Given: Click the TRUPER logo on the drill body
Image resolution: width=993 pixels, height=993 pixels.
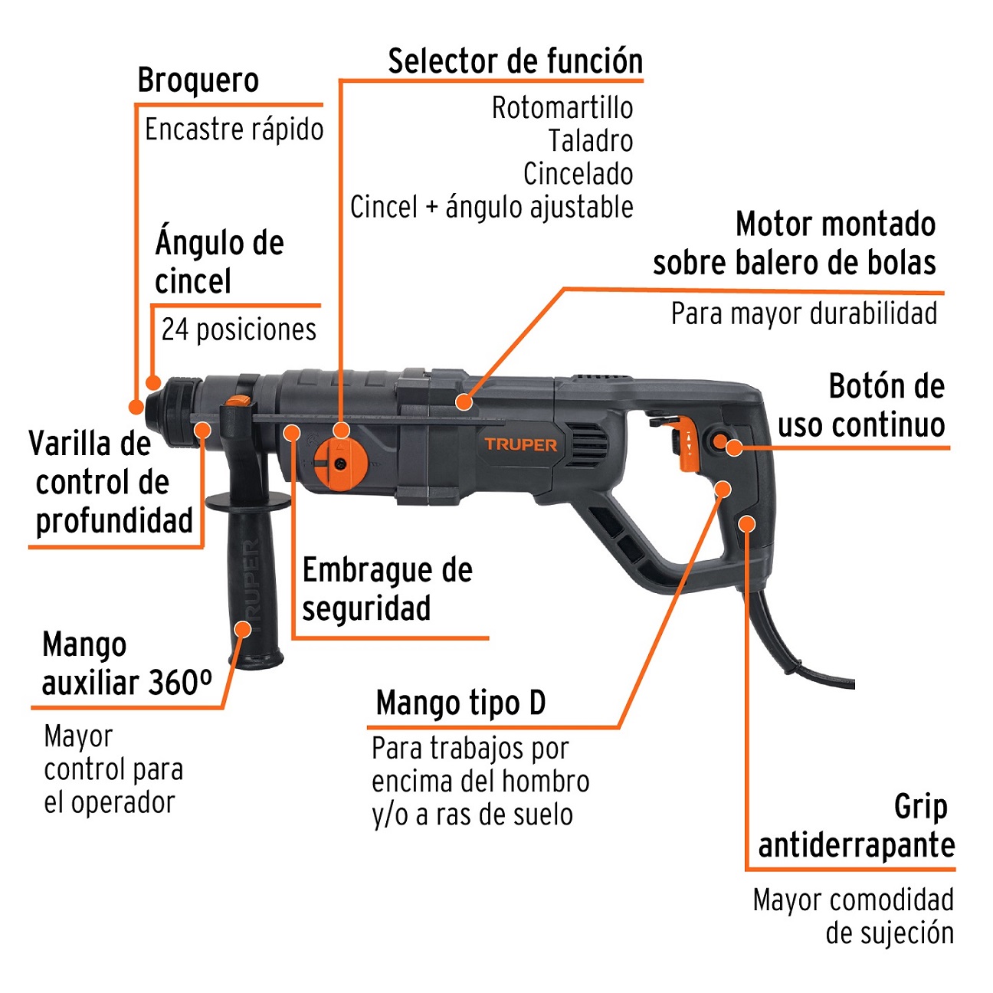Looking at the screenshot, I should tap(520, 444).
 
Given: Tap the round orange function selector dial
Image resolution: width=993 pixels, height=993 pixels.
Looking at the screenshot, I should tap(339, 463).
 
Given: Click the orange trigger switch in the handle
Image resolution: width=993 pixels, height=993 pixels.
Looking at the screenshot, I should tap(683, 444).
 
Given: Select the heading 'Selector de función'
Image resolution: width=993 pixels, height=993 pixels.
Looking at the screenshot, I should tap(515, 61).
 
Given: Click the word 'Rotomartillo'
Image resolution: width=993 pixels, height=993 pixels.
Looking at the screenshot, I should tap(562, 108).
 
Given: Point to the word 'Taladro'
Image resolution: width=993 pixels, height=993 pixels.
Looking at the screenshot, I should tap(590, 141).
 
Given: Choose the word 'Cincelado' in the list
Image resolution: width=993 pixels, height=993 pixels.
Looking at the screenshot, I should tap(578, 174).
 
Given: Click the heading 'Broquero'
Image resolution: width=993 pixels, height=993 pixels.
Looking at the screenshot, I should tap(198, 80).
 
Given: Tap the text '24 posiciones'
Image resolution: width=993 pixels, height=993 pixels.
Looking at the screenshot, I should tap(238, 329).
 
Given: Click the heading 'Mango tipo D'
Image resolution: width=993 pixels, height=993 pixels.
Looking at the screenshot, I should tap(460, 703).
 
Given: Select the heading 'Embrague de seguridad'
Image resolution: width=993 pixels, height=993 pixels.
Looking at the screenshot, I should tap(387, 589).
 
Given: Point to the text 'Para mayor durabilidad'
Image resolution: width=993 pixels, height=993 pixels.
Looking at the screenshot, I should tap(804, 313).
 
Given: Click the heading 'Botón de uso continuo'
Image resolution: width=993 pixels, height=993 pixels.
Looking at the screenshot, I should tap(861, 405).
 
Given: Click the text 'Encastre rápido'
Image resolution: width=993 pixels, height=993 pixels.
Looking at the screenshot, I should tap(234, 129).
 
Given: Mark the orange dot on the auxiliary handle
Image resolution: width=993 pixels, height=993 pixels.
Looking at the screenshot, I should tap(242, 630).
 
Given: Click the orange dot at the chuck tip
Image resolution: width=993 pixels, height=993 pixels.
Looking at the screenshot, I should tap(136, 406).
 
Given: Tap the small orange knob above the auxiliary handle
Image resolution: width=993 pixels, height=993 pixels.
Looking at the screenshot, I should tap(238, 401).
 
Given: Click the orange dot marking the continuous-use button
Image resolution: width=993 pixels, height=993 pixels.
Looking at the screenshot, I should tap(733, 448).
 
